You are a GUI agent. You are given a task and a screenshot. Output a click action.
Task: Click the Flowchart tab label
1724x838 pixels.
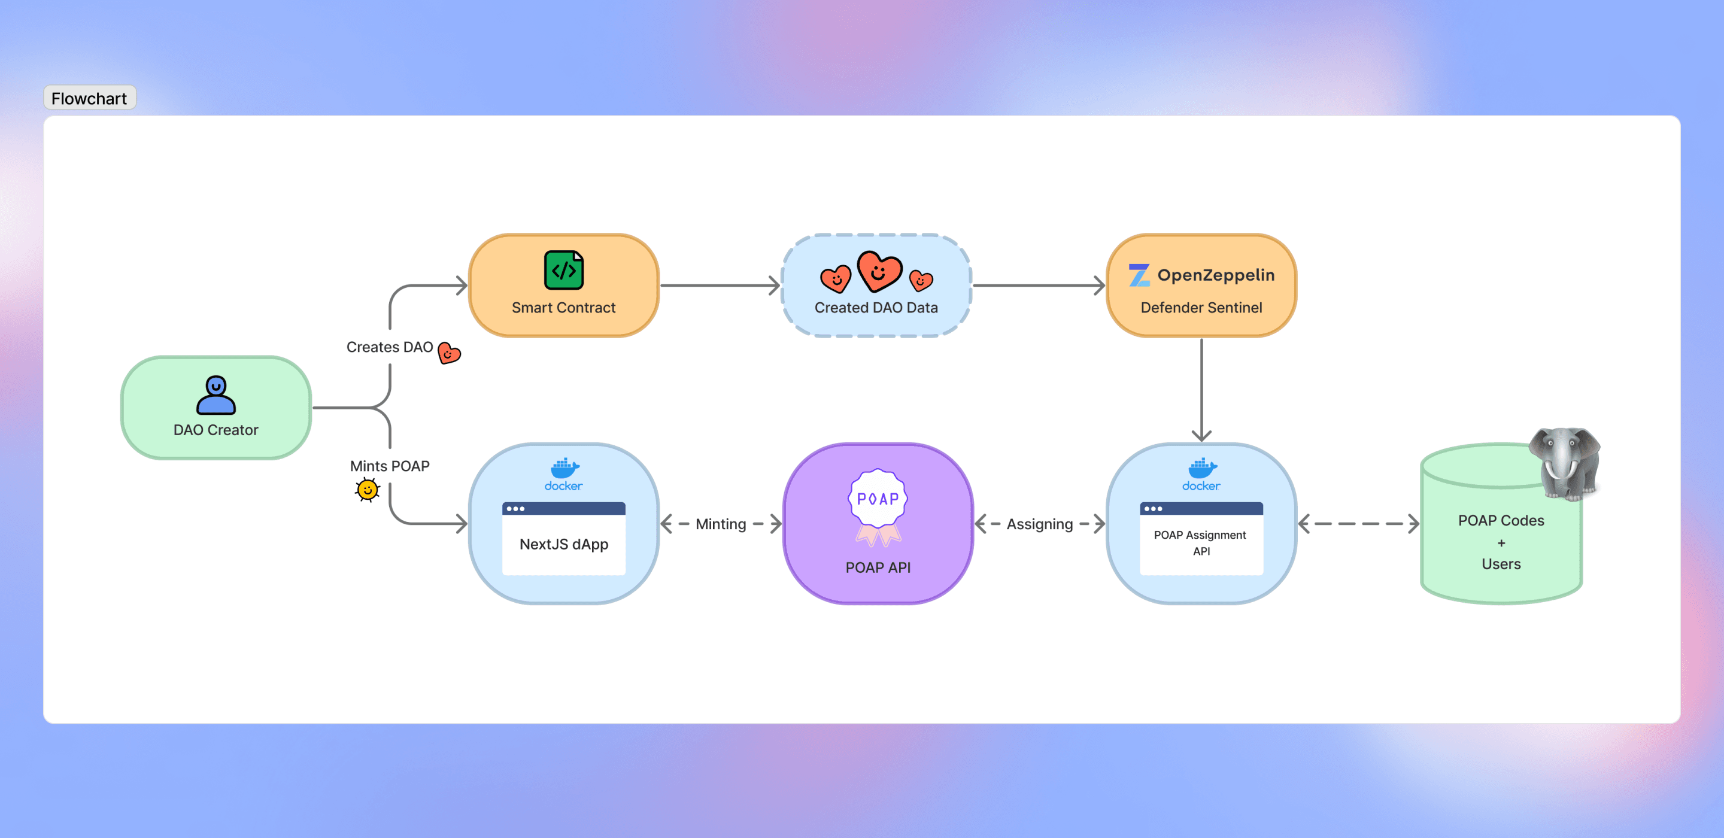[89, 98]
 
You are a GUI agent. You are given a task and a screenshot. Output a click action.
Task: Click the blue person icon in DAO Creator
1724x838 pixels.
[215, 395]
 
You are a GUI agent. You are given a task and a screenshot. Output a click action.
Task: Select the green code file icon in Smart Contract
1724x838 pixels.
[563, 271]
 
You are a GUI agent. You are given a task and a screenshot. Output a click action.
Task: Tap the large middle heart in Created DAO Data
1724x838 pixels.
[879, 271]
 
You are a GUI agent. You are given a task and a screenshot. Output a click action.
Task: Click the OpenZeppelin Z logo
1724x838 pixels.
[1139, 275]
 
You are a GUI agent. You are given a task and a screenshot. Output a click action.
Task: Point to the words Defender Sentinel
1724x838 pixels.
[1201, 308]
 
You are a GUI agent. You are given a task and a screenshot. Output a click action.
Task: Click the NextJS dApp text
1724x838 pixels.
[563, 544]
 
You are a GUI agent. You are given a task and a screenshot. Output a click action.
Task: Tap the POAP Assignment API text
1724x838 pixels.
[1201, 543]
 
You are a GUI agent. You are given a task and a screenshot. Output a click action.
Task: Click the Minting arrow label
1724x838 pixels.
[721, 524]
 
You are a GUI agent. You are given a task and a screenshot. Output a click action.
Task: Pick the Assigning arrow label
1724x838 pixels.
[1039, 524]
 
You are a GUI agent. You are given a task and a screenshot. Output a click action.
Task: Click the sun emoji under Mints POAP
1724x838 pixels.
[368, 490]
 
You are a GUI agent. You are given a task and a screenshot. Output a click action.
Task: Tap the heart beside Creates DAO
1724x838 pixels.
[449, 353]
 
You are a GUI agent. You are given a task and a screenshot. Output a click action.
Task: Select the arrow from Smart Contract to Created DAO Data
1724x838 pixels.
[720, 286]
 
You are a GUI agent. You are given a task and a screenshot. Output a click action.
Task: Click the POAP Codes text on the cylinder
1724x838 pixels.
[1501, 521]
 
